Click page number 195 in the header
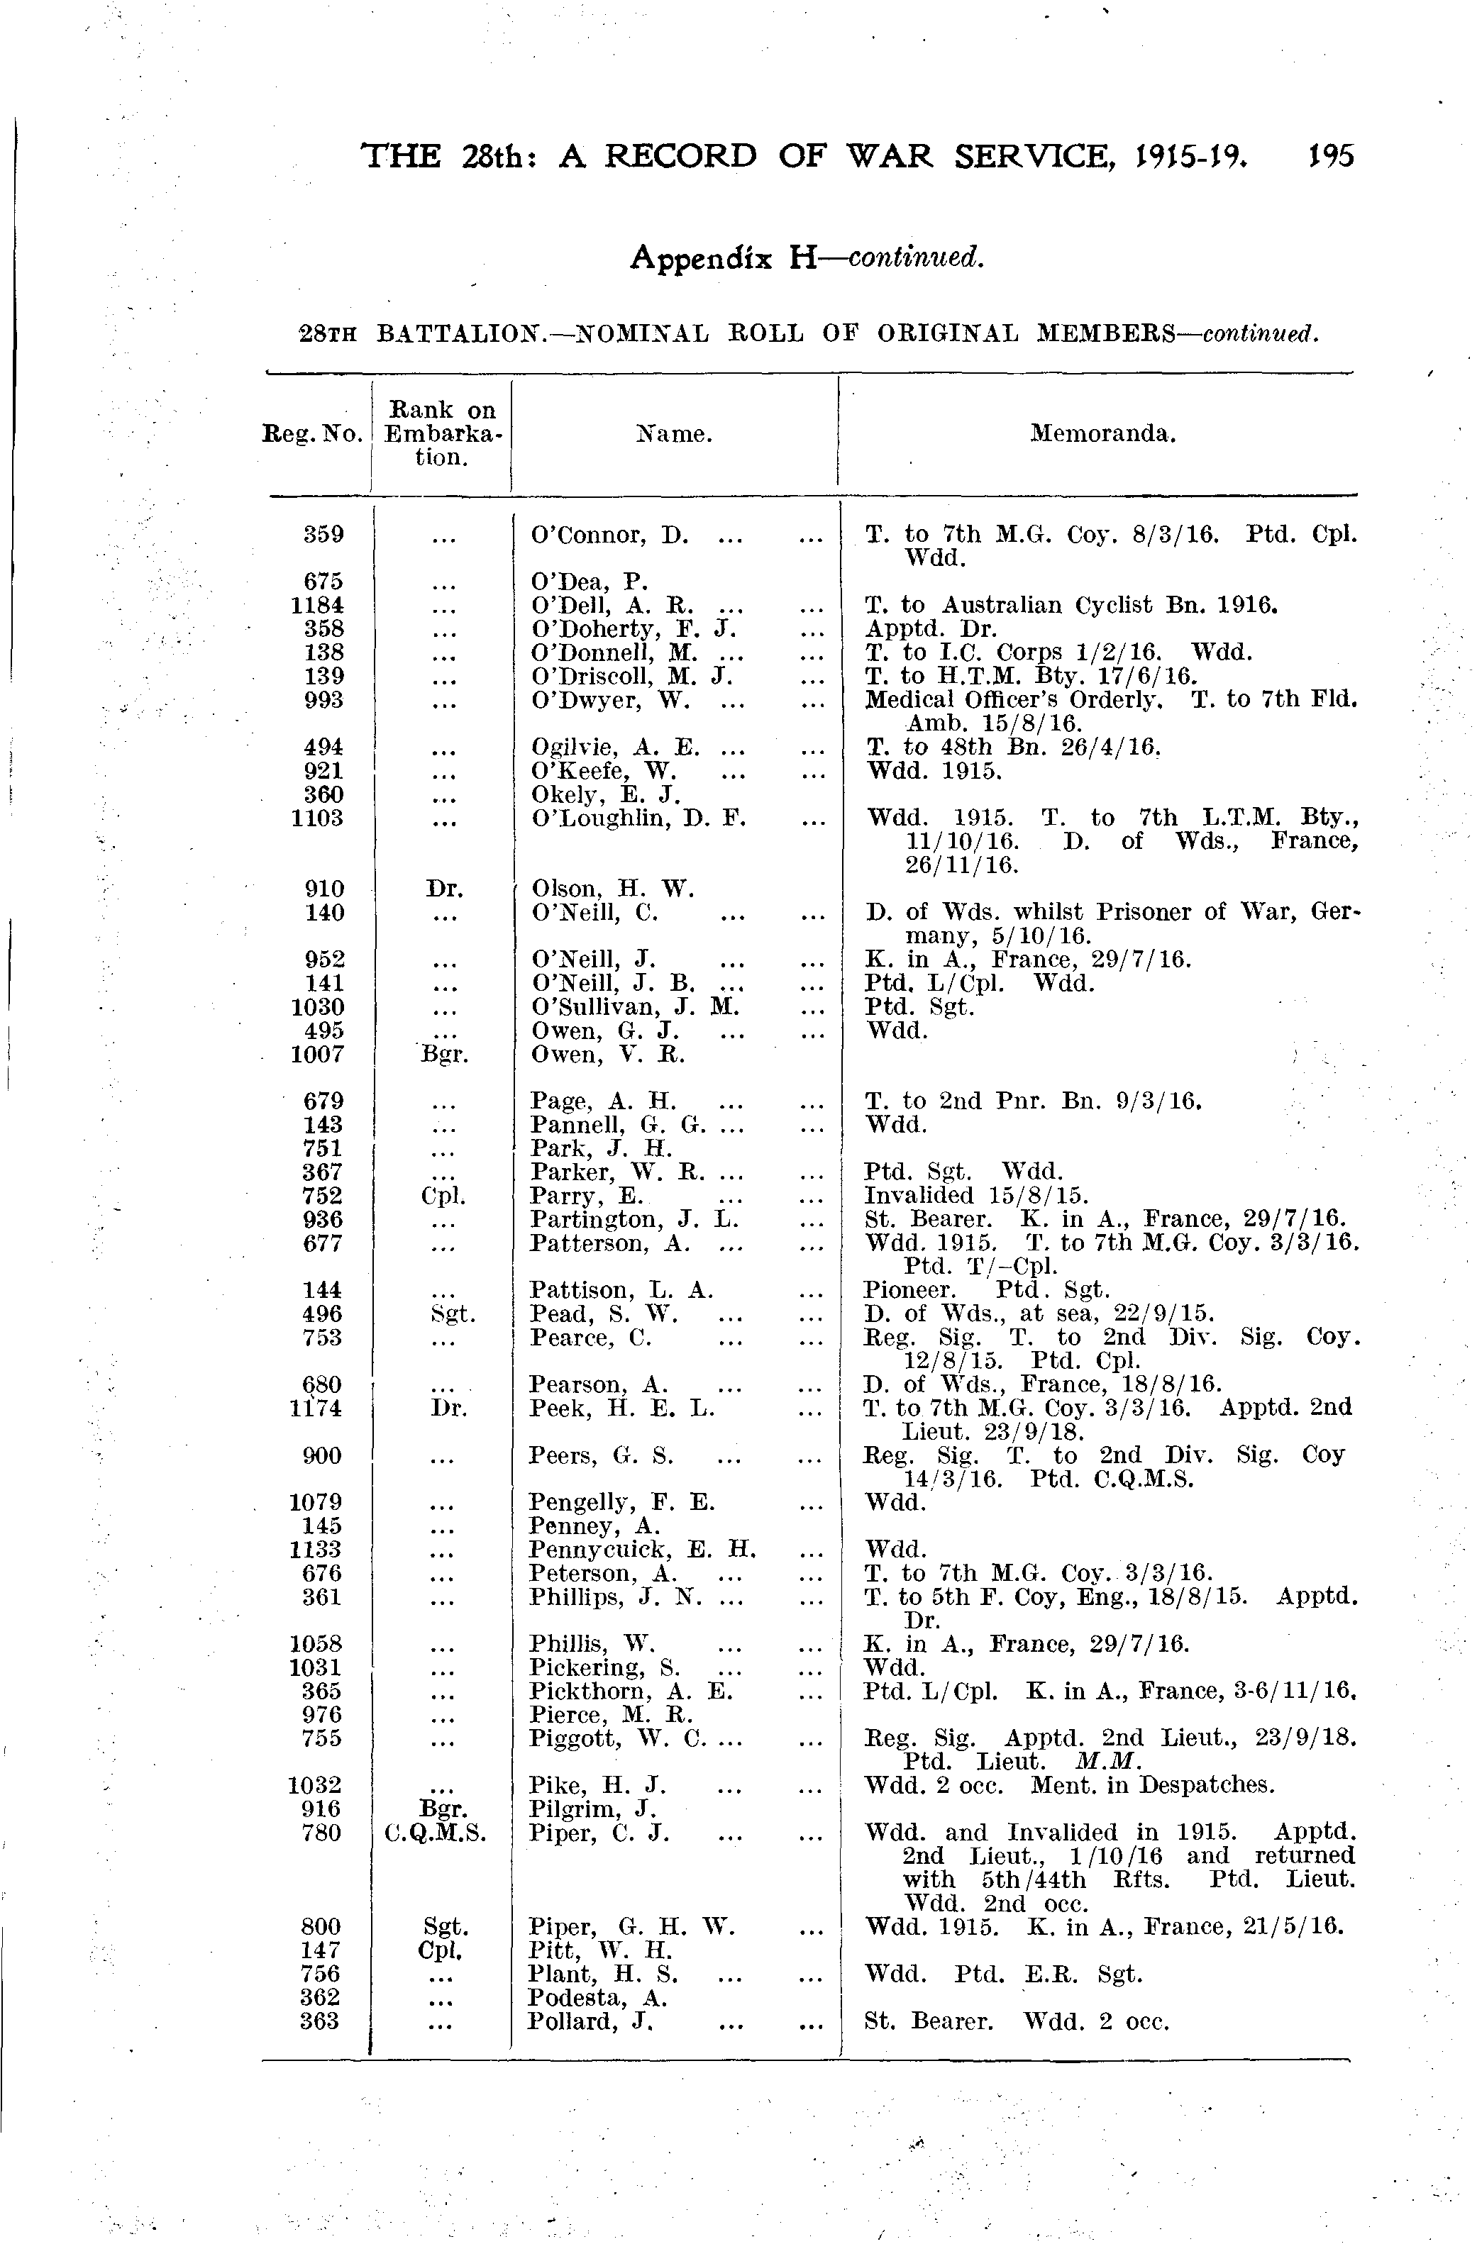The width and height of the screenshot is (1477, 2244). point(1330,155)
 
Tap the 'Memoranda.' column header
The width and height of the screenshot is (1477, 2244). point(1102,434)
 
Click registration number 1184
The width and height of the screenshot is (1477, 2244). point(318,605)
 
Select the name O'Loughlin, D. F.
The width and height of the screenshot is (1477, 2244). point(638,818)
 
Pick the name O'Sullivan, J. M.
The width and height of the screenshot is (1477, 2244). point(635,1007)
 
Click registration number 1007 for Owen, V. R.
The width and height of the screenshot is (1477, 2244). point(318,1054)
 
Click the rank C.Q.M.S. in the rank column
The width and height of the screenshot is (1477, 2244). point(436,1833)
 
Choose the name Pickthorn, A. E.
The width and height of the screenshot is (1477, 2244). point(631,1692)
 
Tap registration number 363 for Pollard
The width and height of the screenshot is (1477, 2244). point(320,2021)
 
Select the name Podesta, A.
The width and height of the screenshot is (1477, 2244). point(598,1998)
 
